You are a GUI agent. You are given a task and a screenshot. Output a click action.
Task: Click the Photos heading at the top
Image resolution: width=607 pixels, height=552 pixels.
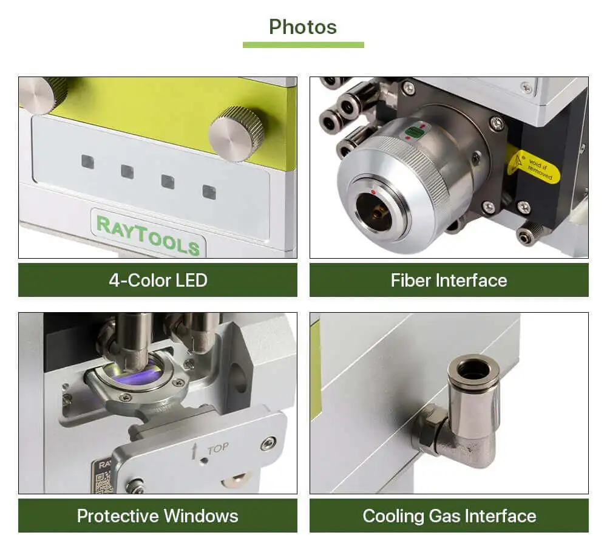click(x=303, y=27)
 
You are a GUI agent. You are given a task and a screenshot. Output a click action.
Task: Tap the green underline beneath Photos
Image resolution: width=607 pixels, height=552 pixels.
click(x=303, y=44)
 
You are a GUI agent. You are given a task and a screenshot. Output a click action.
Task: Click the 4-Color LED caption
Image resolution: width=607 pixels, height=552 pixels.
click(x=158, y=280)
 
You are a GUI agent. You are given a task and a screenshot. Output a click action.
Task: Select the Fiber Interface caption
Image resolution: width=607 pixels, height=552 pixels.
click(x=449, y=280)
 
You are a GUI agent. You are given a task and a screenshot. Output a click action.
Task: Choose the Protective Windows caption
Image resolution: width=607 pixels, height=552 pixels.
click(x=158, y=516)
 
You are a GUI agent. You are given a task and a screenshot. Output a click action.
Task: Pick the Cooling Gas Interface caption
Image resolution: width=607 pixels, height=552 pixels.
click(x=449, y=516)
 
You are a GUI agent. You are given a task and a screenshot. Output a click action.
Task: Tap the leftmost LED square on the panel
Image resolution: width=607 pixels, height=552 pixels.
click(x=88, y=162)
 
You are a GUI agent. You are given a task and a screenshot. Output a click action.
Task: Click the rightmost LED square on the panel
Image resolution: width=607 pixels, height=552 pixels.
click(x=209, y=192)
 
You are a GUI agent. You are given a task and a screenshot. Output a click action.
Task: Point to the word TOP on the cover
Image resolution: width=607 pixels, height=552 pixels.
click(x=218, y=448)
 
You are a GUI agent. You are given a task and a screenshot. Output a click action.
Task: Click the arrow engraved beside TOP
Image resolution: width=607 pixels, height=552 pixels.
click(x=195, y=450)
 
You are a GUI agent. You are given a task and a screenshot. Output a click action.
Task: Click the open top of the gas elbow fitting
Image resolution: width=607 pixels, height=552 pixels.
click(x=473, y=368)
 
